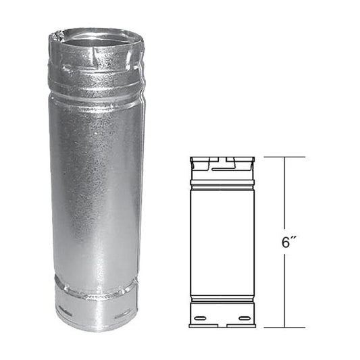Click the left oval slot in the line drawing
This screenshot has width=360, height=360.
coord(201,317)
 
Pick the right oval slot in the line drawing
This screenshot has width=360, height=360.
coord(244,317)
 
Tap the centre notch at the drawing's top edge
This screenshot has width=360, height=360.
coord(222,160)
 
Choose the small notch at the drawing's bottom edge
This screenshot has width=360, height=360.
coord(222,326)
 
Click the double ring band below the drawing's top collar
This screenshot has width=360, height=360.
coord(222,184)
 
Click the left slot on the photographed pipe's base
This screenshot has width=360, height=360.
coord(66,313)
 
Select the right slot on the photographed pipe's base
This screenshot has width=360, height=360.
coord(123,315)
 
